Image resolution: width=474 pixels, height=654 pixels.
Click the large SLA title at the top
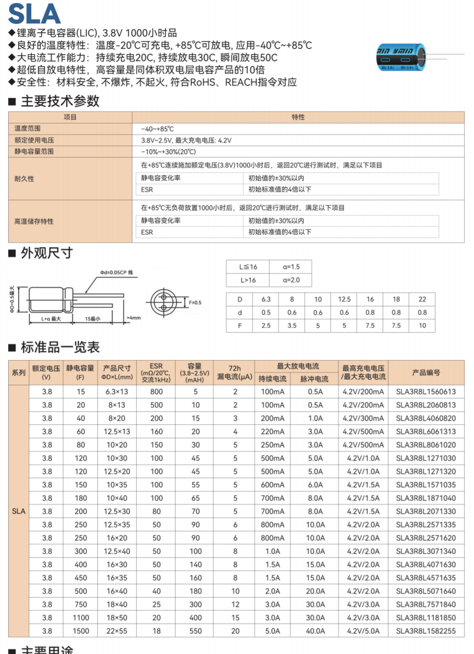click(35, 13)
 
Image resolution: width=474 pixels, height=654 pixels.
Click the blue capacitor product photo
click(401, 57)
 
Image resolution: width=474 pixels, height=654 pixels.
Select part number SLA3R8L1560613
click(426, 392)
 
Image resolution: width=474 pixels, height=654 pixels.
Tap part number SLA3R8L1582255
click(426, 631)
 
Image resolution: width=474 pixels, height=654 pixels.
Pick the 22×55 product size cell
click(116, 631)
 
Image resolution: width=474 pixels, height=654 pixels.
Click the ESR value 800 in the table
click(156, 392)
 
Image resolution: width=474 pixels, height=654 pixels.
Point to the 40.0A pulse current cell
click(315, 631)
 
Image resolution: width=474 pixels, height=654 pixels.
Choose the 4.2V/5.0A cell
click(363, 631)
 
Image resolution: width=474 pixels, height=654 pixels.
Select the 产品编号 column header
click(426, 372)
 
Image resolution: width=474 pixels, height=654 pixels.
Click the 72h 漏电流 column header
click(234, 372)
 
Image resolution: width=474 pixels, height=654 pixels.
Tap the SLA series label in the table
click(19, 511)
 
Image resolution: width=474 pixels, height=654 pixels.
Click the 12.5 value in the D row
click(344, 299)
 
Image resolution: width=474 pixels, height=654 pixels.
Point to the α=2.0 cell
click(291, 280)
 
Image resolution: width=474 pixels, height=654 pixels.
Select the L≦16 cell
click(248, 267)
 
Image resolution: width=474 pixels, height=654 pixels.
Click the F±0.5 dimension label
click(195, 303)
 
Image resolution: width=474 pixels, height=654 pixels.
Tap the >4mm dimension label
click(133, 318)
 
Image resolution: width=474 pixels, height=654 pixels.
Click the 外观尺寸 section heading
click(46, 253)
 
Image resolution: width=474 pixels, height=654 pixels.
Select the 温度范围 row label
click(27, 129)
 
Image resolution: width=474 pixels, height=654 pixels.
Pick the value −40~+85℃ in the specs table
click(157, 129)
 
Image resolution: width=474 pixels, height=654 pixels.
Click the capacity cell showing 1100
click(81, 618)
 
